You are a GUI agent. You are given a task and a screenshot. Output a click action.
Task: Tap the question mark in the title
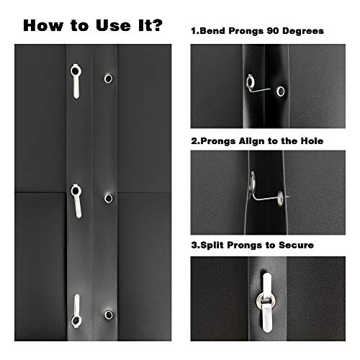pos(156,26)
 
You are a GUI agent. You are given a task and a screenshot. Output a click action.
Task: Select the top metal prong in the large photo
pos(76,78)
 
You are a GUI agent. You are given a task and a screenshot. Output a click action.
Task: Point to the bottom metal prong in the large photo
pos(76,310)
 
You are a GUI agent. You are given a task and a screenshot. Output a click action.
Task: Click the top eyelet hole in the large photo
pos(108,78)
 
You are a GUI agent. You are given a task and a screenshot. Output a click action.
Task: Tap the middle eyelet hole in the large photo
pos(109,197)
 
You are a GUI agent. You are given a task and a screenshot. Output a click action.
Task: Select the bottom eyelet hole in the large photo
pos(109,315)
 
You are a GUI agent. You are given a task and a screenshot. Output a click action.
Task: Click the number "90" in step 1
pos(271,32)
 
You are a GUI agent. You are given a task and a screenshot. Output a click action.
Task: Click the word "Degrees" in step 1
pos(303,32)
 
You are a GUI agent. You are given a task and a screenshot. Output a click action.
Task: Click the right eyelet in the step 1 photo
pos(277,91)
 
